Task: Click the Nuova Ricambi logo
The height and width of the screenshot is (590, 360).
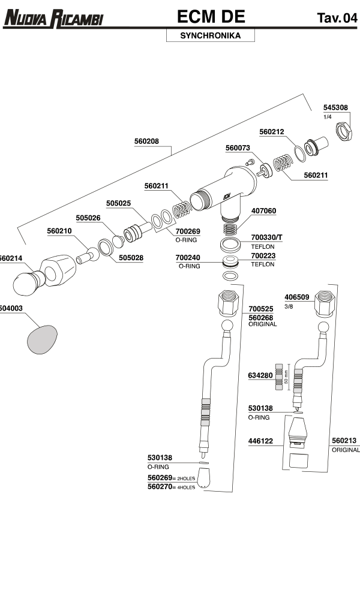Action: point(53,18)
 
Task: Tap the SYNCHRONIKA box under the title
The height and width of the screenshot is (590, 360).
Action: point(210,36)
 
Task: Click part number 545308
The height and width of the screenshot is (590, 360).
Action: point(335,107)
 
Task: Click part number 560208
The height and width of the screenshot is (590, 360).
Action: point(146,142)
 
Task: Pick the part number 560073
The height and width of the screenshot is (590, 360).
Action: point(238,147)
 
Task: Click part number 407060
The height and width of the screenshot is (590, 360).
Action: point(263,211)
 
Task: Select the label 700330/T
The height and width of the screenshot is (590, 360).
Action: point(266,237)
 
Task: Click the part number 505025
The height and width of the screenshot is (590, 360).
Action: point(118,203)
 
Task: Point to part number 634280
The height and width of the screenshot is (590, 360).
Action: point(260,375)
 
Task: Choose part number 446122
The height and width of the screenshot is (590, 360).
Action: point(260,441)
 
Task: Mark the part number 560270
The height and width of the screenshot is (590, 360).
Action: point(160,487)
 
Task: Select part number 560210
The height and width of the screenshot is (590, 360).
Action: point(59,231)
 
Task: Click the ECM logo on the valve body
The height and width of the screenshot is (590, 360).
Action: point(226,194)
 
